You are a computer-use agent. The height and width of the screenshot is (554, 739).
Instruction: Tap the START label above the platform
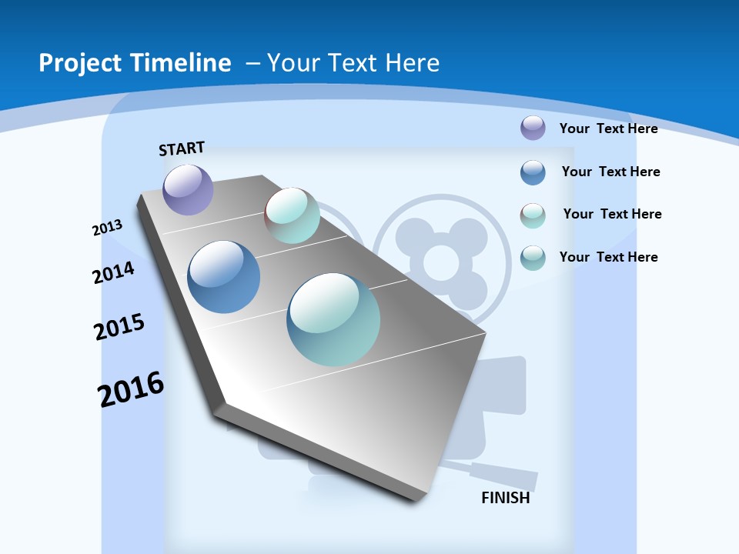pos(182,149)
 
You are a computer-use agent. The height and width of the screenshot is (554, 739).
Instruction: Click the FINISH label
pos(506,498)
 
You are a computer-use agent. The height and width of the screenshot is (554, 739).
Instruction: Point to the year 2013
pos(107,228)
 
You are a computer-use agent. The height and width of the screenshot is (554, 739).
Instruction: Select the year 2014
pos(113,273)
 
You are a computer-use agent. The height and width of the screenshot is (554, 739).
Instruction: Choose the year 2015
pos(119,327)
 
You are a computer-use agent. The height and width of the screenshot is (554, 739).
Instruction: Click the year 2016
pos(131,389)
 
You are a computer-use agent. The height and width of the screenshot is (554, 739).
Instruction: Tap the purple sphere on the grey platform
pos(188,190)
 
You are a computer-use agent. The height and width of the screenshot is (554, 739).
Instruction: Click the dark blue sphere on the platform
pos(224,277)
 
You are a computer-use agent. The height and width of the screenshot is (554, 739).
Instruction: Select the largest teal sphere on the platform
pos(333,319)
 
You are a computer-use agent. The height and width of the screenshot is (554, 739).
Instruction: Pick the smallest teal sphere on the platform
pos(292,215)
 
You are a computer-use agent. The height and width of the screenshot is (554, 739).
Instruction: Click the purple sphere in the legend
pos(533,128)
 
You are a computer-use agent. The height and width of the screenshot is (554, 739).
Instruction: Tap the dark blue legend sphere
pos(533,172)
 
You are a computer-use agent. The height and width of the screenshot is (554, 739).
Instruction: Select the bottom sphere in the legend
pos(533,258)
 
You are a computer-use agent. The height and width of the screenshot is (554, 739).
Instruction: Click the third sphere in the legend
pos(533,215)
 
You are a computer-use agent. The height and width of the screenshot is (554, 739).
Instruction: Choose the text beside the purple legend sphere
pos(608,128)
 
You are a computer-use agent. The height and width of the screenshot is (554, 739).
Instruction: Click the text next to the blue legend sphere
pos(610,172)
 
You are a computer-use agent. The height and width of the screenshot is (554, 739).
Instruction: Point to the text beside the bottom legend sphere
pos(608,257)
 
